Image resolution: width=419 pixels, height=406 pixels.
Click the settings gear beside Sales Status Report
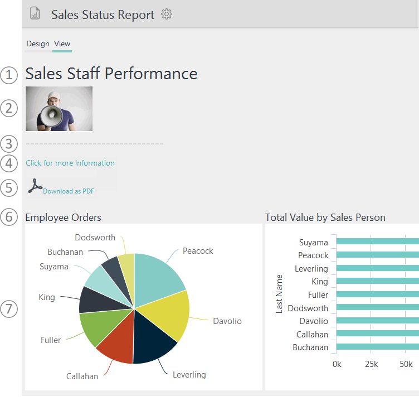167,14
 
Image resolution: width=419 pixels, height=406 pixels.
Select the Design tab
38,43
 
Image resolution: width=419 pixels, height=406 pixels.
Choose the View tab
62,43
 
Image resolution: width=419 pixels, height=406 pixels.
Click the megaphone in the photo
52,116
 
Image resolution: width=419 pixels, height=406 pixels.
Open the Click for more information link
70,163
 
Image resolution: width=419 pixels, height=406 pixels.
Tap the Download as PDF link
69,191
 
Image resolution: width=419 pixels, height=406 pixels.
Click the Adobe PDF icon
35,186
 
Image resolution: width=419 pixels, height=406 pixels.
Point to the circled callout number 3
9,144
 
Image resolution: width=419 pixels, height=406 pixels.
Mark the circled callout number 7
9,308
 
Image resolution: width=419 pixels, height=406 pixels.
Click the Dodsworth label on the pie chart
95,238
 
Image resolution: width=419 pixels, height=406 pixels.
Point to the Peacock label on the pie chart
198,251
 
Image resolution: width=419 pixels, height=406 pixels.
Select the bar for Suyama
378,241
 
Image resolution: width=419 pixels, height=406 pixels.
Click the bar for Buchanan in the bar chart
378,347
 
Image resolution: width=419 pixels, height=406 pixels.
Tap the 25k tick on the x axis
371,364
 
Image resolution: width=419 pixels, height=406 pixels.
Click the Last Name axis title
279,294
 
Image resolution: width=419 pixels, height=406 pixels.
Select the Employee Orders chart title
64,217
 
